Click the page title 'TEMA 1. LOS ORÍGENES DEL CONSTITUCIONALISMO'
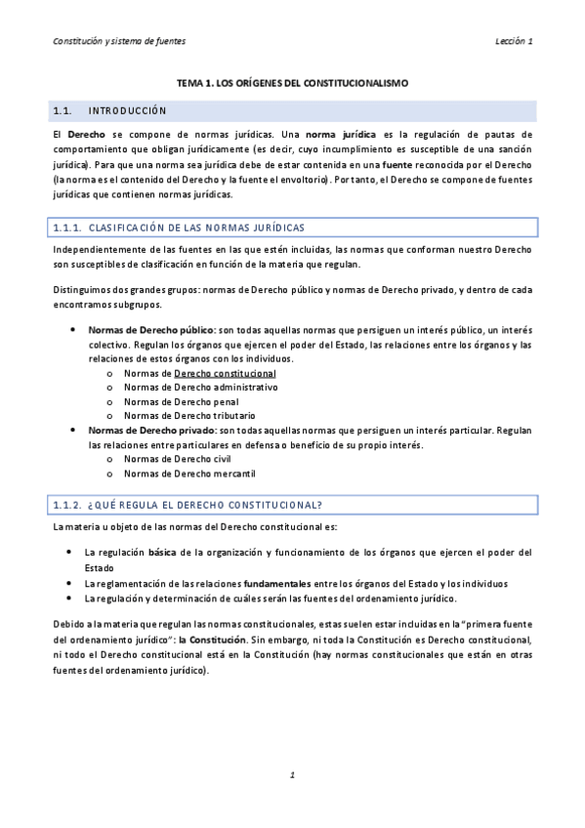click(x=292, y=84)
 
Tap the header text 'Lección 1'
click(x=514, y=41)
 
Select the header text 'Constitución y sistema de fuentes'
click(x=119, y=41)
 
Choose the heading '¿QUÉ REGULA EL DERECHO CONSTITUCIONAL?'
click(x=204, y=504)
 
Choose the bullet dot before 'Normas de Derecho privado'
click(x=74, y=430)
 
